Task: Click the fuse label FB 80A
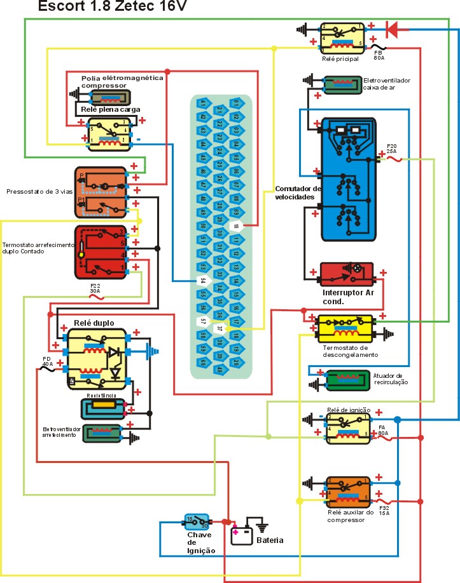[x=379, y=55]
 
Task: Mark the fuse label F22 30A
[x=95, y=287]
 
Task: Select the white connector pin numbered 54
[x=203, y=279]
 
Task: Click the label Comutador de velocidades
[x=298, y=193]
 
